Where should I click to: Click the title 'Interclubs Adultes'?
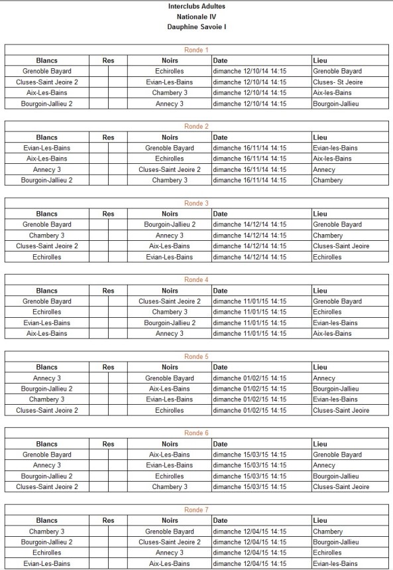197,6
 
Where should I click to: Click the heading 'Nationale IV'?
197,16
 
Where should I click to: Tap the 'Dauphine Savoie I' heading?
197,27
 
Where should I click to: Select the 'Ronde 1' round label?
196,50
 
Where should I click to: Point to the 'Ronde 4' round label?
196,280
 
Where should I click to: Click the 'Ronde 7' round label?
196,510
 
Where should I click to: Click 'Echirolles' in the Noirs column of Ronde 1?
170,71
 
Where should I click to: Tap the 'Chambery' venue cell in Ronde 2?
328,180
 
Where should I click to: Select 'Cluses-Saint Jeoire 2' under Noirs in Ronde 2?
170,169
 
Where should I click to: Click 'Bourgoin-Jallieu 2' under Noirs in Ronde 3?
170,225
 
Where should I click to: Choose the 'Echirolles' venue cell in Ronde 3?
327,257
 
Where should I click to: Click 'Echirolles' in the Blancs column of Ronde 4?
46,312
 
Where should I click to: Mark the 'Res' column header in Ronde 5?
109,367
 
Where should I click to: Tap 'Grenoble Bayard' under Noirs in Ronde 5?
170,378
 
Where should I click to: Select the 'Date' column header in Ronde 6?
220,444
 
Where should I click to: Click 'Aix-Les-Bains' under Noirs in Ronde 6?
170,455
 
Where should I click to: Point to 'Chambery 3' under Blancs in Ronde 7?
46,532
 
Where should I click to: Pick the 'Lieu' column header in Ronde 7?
320,521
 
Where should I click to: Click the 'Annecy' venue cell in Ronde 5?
324,378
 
